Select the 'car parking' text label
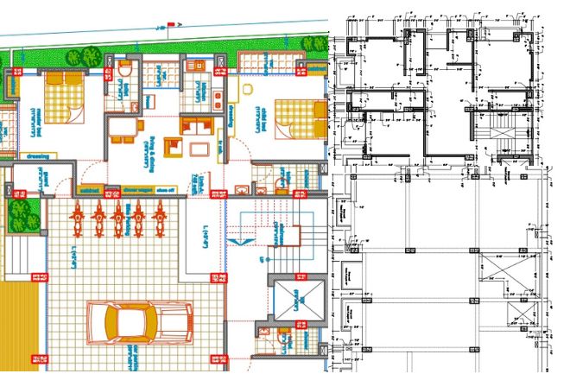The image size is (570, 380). pyautogui.click(x=130, y=353)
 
